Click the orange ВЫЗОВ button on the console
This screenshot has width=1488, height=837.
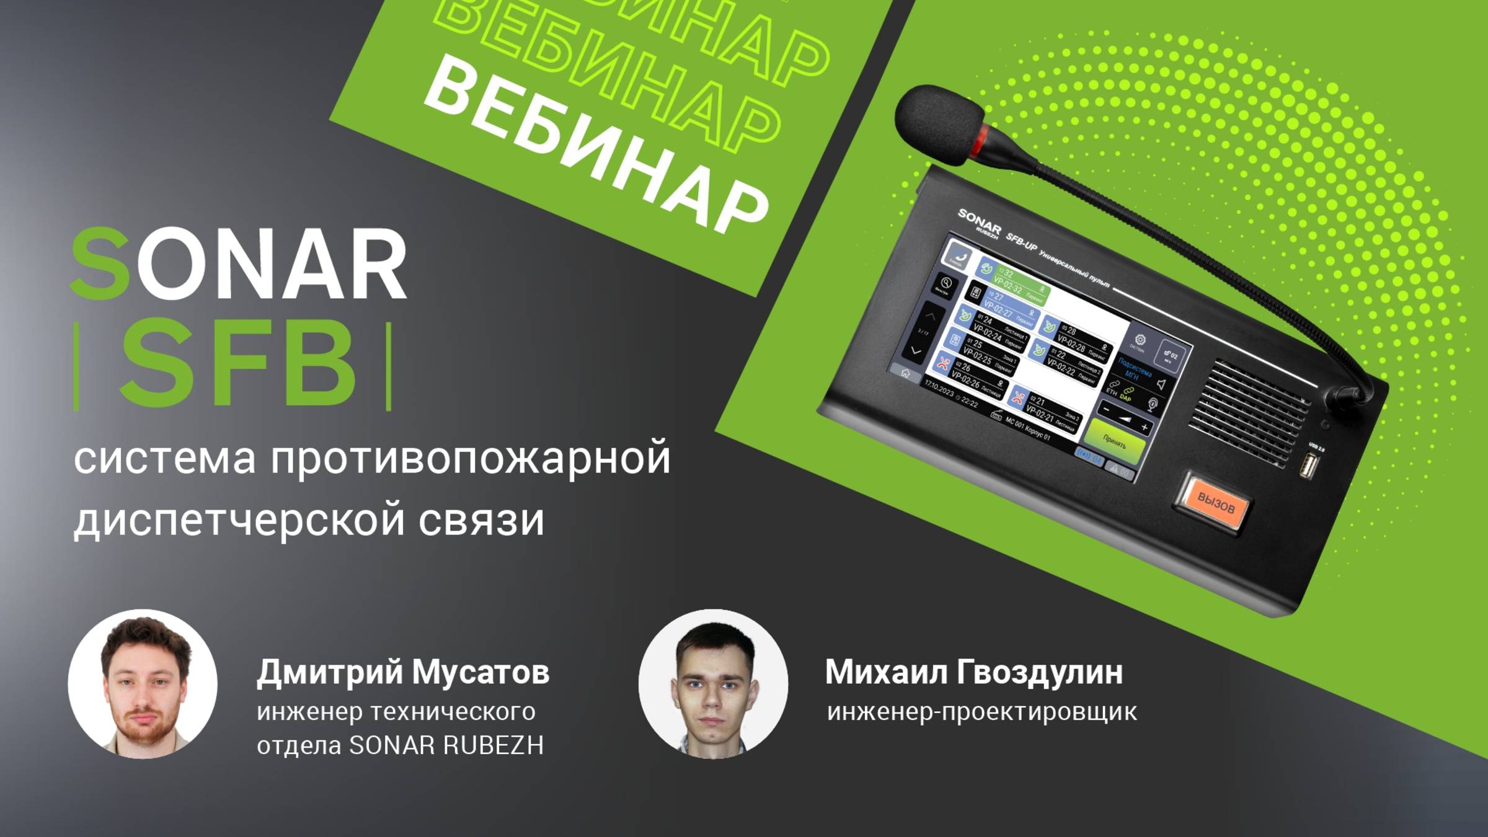click(1215, 503)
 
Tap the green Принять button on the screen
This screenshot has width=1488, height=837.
click(1115, 442)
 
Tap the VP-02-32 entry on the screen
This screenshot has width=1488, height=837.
click(1011, 285)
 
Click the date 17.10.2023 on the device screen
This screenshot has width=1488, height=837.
click(939, 390)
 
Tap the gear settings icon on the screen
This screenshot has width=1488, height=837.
click(1140, 340)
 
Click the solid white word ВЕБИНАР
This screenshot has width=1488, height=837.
click(595, 146)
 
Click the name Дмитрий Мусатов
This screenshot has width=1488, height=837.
click(403, 672)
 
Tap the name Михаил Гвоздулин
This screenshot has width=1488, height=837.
click(973, 672)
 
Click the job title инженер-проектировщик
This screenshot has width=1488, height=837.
click(982, 712)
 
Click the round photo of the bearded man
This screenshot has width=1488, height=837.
click(143, 684)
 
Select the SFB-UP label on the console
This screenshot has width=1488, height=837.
click(1021, 245)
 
